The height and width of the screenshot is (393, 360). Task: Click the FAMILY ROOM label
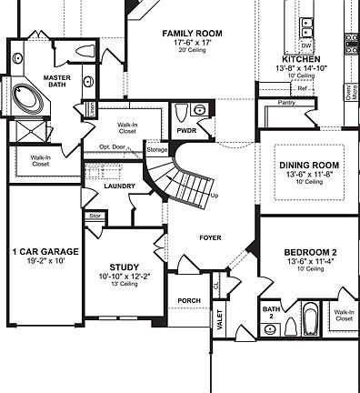[193, 34]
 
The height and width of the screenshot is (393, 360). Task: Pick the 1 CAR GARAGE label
[45, 250]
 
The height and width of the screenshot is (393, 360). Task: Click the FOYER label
[212, 237]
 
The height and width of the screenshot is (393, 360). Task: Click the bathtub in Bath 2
[310, 321]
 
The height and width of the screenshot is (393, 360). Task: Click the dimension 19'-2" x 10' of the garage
[45, 260]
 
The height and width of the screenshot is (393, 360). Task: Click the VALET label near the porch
[218, 319]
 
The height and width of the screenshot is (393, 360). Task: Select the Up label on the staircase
[215, 196]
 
